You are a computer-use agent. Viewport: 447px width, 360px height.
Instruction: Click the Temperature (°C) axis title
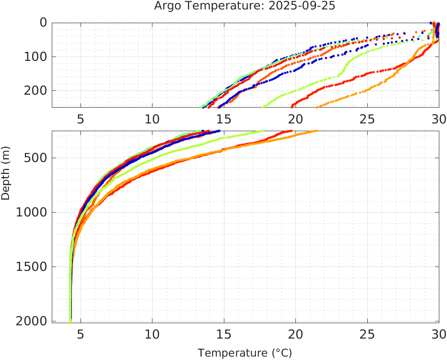click(245, 353)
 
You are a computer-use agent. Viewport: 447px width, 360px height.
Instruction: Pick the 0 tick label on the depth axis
click(43, 23)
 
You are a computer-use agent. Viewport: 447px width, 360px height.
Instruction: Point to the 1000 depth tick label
click(31, 212)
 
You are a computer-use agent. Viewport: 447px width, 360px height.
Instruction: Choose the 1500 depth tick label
click(31, 267)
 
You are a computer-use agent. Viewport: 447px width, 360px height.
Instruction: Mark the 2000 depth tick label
click(31, 321)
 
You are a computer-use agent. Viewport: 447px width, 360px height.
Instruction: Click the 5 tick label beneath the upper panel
click(80, 119)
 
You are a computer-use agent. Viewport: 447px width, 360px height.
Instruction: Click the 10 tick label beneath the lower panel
click(152, 333)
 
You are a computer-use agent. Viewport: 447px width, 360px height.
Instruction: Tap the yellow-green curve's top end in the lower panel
click(262, 131)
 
